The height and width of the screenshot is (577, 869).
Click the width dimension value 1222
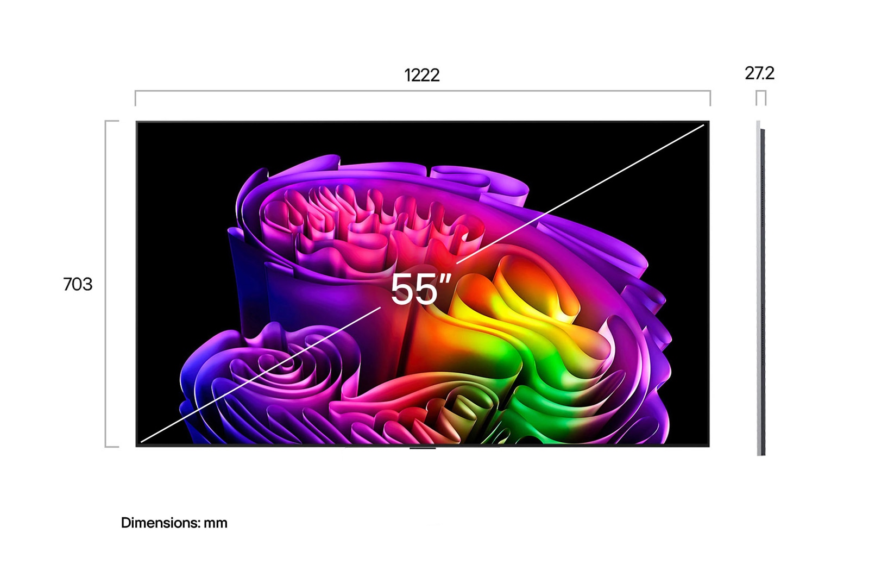(422, 75)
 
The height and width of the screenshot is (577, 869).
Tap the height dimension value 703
(78, 284)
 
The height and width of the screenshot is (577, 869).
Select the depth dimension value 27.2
(760, 73)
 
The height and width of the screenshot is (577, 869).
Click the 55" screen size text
(420, 289)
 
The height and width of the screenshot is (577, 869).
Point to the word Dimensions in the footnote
(161, 523)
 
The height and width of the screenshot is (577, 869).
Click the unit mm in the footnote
(216, 523)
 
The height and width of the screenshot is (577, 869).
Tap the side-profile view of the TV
(761, 287)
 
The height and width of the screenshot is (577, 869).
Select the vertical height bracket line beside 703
(105, 284)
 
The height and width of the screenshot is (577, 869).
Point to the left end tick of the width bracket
(135, 98)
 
